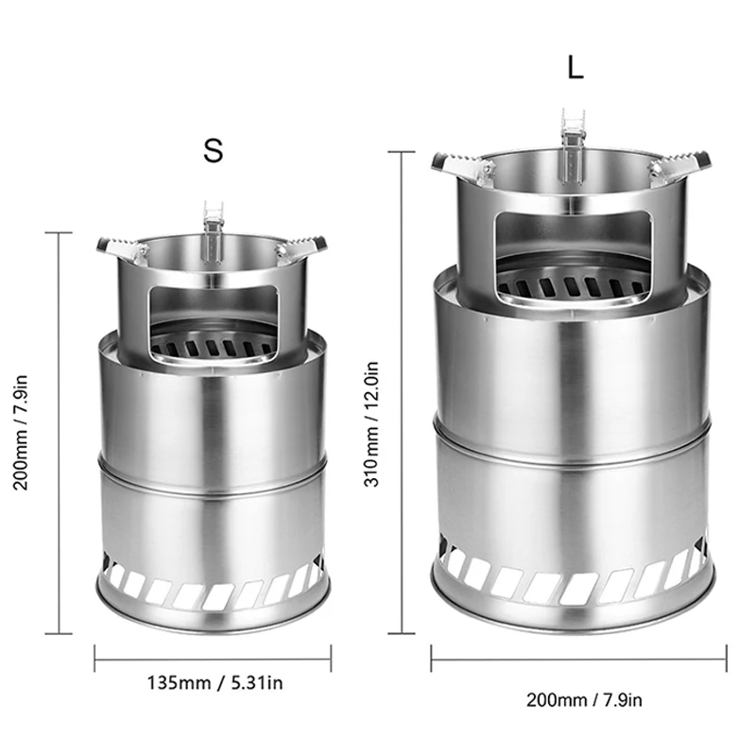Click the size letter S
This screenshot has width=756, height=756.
coord(214,149)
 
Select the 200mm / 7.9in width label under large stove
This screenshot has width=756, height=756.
coord(584,699)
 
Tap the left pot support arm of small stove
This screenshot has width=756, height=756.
coord(121,248)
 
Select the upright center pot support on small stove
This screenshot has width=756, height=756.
coord(214,227)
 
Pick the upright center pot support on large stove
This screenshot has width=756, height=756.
coord(574,142)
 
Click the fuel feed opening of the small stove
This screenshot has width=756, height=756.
coord(212,307)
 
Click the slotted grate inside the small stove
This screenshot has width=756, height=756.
coord(213,344)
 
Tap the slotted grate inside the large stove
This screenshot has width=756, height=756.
coord(573,281)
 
